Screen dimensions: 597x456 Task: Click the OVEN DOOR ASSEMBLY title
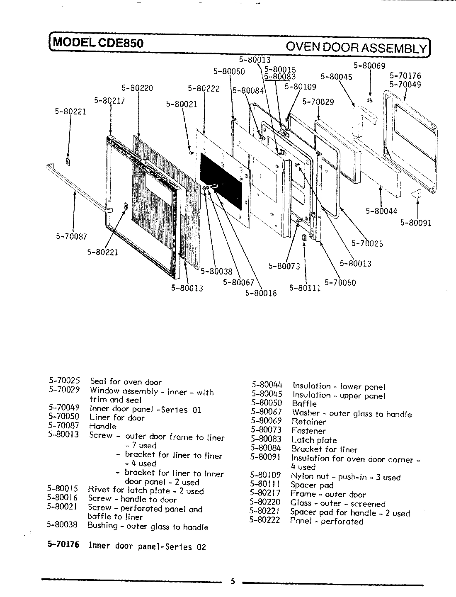click(357, 48)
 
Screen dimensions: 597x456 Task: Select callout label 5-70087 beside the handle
click(71, 236)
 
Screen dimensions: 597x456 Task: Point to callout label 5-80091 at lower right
click(416, 223)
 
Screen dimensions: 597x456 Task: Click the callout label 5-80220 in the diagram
click(137, 88)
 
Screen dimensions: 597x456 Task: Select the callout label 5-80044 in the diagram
click(381, 211)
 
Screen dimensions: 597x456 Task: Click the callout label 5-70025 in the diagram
click(367, 243)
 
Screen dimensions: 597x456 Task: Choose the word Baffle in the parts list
click(304, 404)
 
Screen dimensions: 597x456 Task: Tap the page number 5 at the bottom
click(233, 581)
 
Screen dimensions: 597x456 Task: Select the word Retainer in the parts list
click(308, 422)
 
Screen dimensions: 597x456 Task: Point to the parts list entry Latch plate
click(314, 440)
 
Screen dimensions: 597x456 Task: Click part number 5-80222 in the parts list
click(265, 520)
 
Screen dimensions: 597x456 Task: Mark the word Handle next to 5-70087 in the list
click(103, 426)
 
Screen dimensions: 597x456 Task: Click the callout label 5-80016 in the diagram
click(261, 293)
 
